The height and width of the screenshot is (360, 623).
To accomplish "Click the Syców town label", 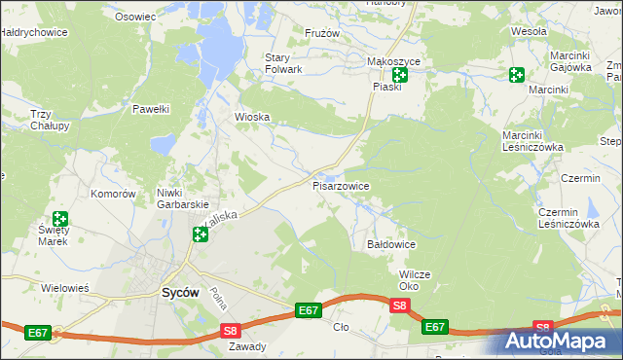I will point(181,292).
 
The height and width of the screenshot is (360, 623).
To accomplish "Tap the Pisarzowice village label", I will point(341,185).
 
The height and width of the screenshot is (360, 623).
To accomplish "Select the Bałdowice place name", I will point(391,245).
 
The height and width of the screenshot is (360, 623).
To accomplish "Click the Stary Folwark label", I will point(284,63).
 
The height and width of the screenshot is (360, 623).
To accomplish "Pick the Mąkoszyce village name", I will point(393,61).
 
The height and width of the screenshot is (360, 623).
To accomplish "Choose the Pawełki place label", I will point(152,109).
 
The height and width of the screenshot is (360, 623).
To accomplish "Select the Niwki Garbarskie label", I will point(183,198).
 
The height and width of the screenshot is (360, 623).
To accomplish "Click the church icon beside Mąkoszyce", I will point(399,75).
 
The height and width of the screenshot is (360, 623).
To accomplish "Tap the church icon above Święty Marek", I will point(60,220).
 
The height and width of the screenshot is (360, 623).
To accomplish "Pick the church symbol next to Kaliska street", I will point(200,234).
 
